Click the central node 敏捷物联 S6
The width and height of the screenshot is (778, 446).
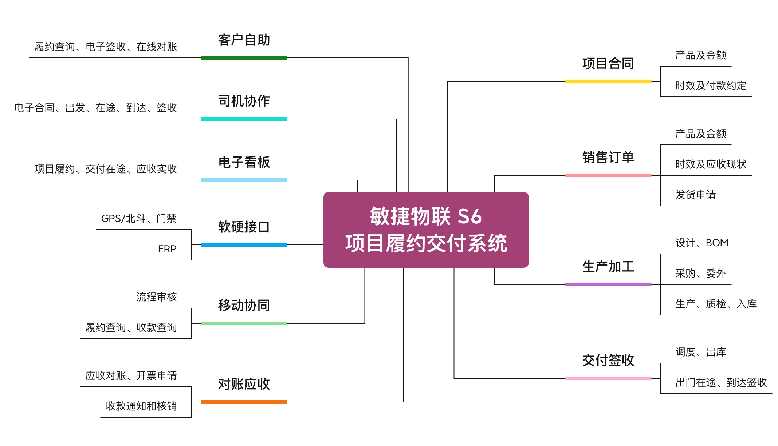[x=426, y=230]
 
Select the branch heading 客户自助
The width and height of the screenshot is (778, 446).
[x=244, y=40]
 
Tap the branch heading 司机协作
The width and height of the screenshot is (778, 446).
[x=244, y=101]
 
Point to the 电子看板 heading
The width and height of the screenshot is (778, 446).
[x=244, y=162]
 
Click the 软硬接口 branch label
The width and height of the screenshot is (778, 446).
[x=244, y=227]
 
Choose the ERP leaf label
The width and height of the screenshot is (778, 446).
[x=167, y=249]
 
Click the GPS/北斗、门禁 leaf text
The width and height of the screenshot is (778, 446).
[x=139, y=219]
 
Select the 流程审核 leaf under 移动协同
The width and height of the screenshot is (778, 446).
[x=157, y=297]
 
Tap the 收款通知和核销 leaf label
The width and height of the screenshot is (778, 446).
[x=141, y=406]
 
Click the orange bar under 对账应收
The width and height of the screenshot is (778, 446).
[x=244, y=402]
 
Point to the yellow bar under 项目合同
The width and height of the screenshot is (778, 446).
[x=608, y=81]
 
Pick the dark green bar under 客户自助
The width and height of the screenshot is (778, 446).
[x=244, y=58]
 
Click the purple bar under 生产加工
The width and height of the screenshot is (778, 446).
[x=608, y=284]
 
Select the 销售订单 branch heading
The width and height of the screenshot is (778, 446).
[x=608, y=158]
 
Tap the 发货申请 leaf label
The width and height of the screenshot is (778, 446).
[x=696, y=195]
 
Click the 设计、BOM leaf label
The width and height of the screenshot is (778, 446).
[x=702, y=243]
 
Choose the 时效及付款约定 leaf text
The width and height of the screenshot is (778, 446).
[x=711, y=86]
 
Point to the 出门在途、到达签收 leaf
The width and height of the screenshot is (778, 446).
[x=721, y=383]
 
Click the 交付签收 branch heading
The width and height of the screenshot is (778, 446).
[x=608, y=361]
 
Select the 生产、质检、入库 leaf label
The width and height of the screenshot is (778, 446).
[x=716, y=304]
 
